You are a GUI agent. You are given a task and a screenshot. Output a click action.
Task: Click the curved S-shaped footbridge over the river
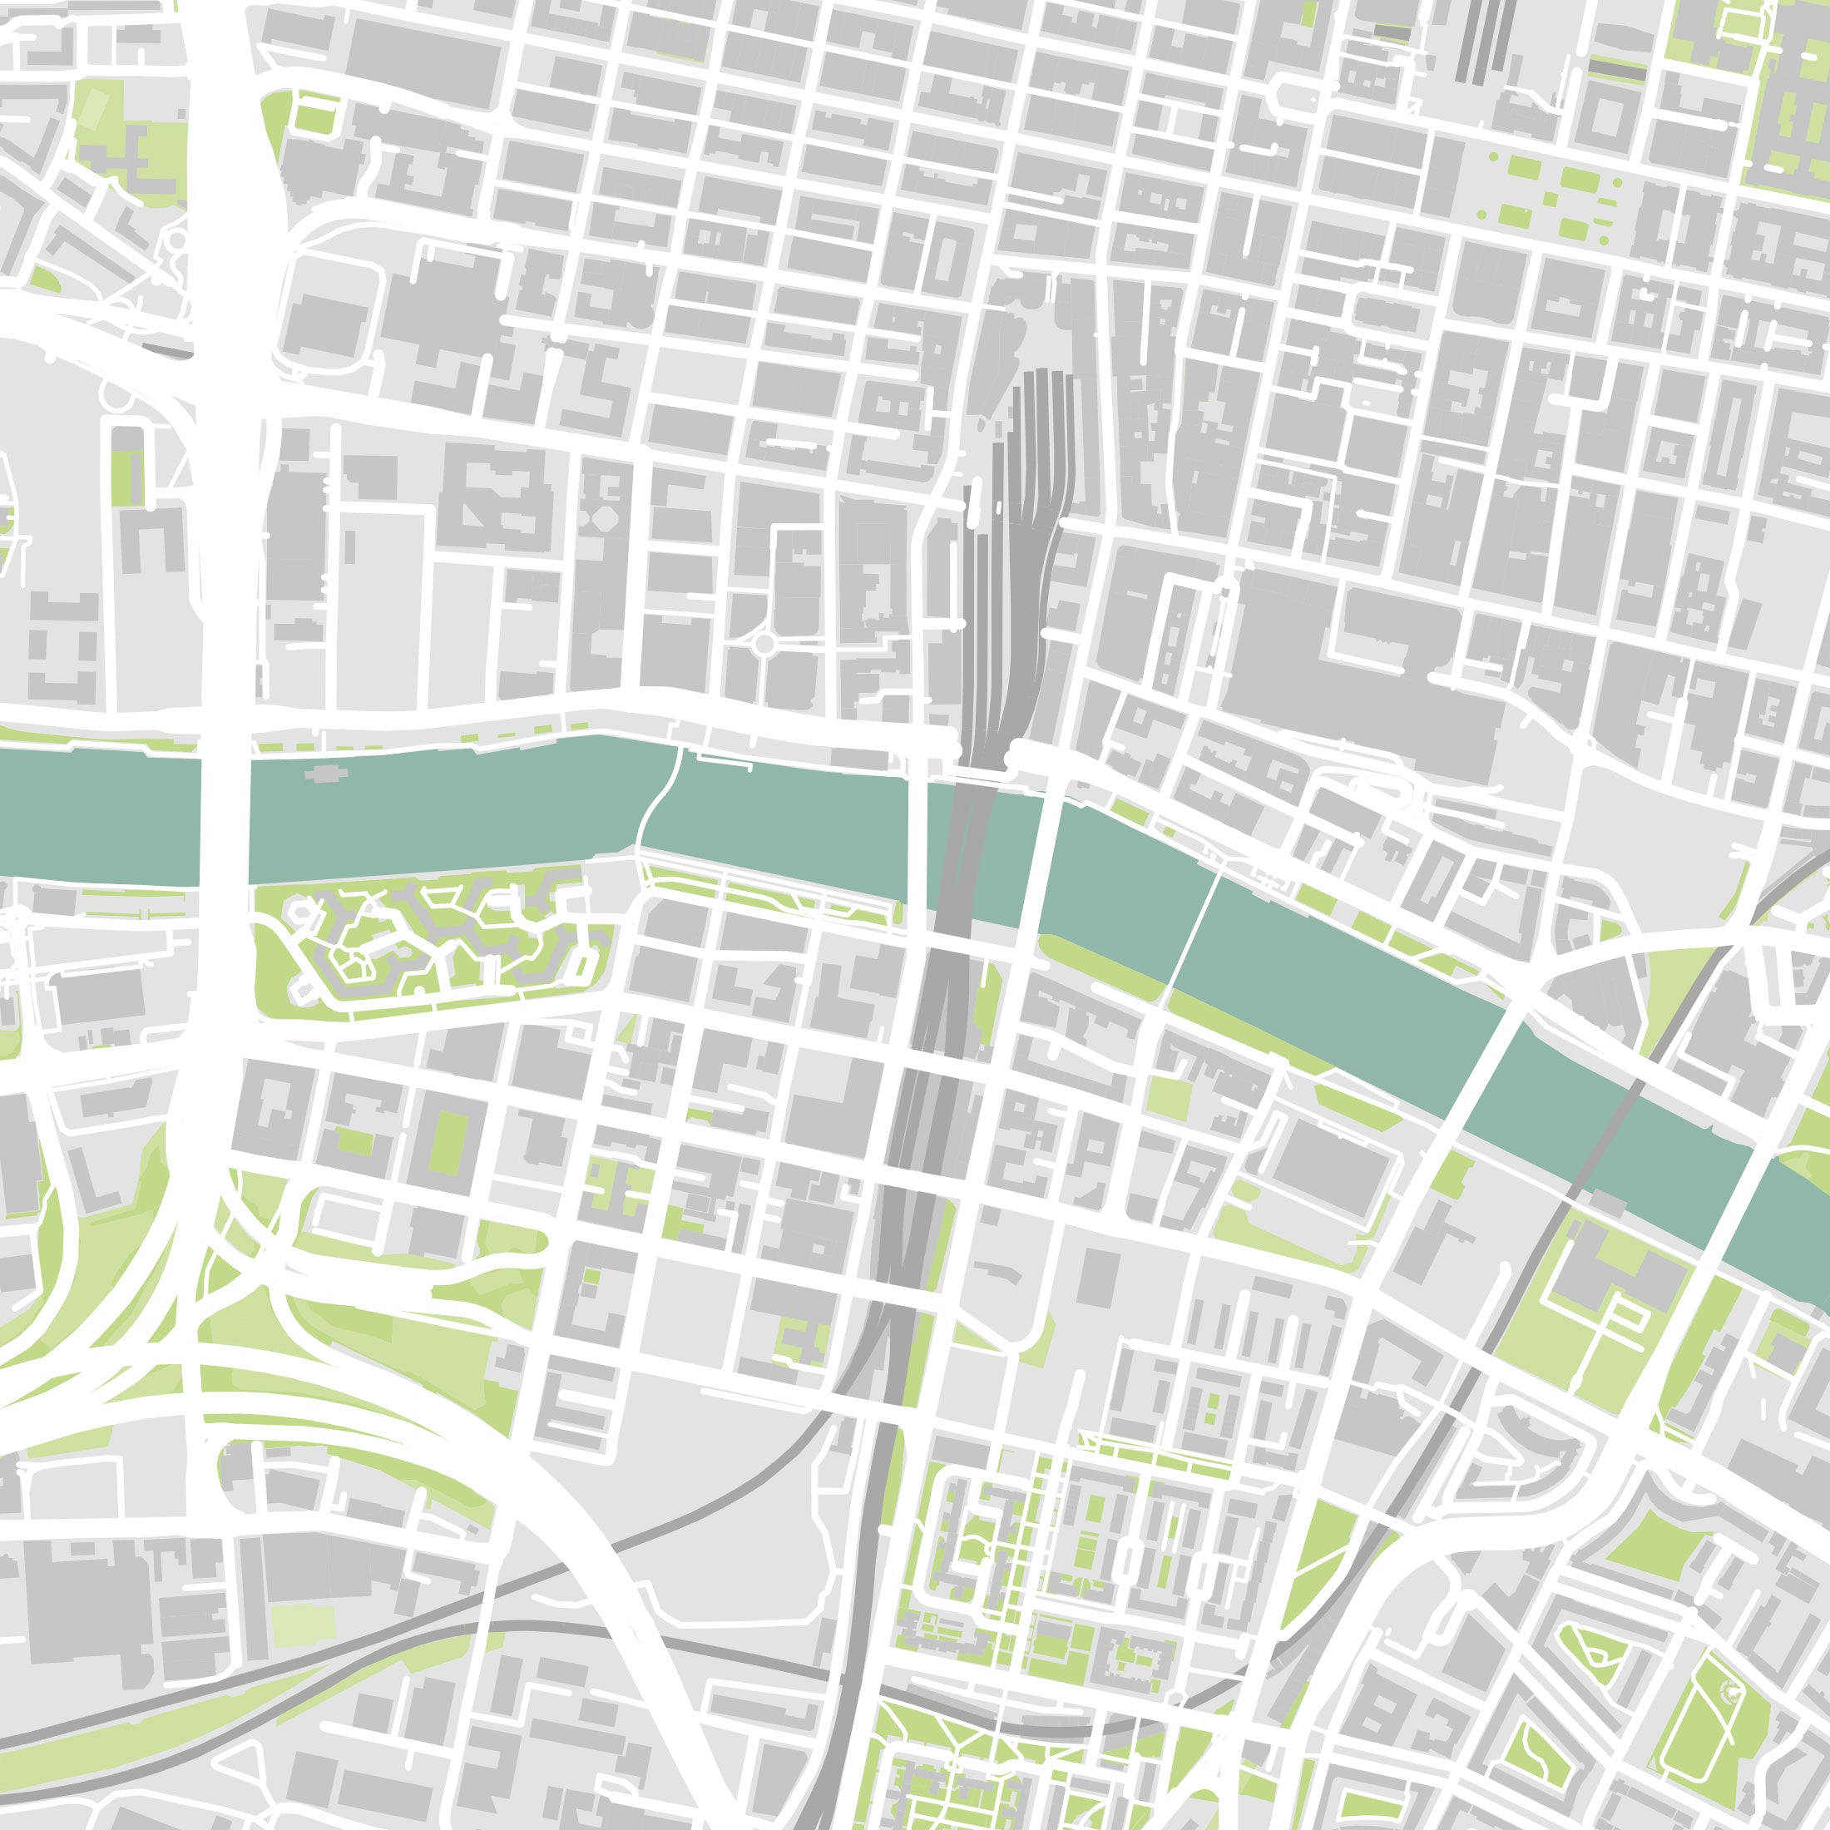coord(655,805)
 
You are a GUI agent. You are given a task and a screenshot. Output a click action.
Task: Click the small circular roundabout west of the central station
coord(764,645)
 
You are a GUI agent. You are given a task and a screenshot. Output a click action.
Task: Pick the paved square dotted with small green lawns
coord(1544,194)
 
